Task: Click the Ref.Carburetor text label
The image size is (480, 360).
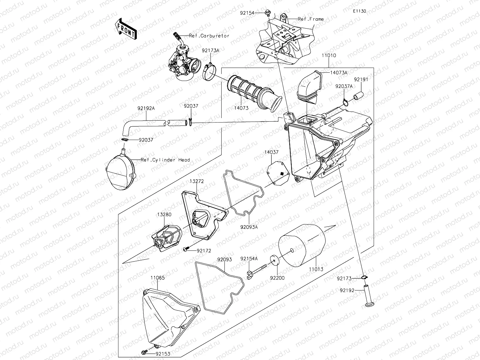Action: [209, 36]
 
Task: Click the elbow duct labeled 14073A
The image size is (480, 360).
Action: [310, 85]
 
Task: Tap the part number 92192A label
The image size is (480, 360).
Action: [146, 108]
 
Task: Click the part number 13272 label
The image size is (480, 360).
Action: [197, 181]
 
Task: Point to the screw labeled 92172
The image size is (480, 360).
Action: [186, 250]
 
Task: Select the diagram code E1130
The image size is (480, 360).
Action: [359, 11]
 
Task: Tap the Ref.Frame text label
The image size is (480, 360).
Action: [310, 19]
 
